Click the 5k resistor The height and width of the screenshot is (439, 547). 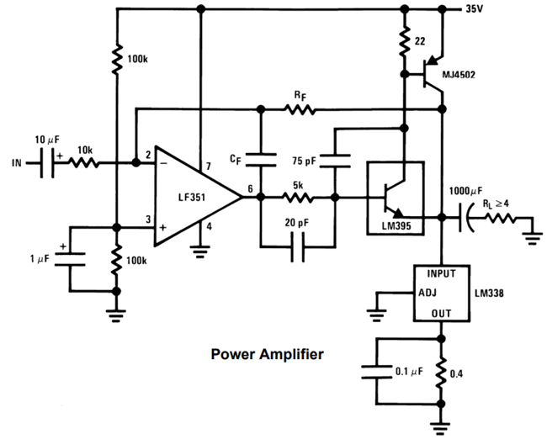tap(297, 198)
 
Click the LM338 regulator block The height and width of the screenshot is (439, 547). tap(442, 294)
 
